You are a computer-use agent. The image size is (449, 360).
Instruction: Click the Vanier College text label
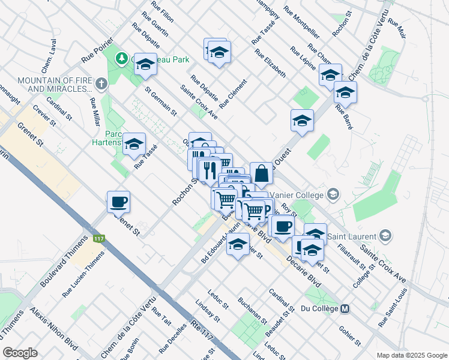tap(297, 194)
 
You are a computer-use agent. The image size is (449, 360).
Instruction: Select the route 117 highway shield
tap(99, 238)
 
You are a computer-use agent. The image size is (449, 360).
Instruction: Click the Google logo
tap(20, 353)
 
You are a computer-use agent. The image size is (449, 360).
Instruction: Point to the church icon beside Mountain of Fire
tap(101, 83)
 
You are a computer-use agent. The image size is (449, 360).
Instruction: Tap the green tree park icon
tap(122, 58)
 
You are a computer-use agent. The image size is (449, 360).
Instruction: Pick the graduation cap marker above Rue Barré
tap(345, 92)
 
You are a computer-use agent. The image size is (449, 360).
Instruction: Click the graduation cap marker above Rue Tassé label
tap(134, 143)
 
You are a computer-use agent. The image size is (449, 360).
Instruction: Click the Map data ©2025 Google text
tap(411, 355)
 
